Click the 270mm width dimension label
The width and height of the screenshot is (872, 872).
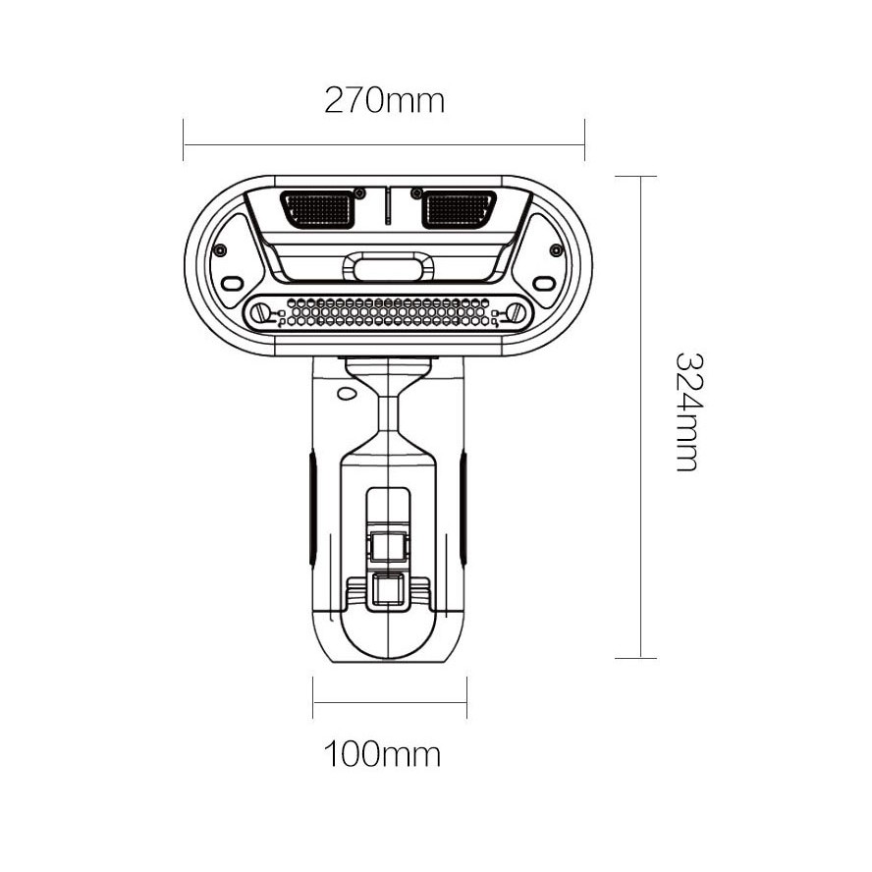384,100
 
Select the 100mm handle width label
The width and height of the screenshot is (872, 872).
382,754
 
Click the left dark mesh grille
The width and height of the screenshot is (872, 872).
316,208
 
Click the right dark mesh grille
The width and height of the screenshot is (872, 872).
459,208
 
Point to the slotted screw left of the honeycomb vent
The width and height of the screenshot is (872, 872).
261,312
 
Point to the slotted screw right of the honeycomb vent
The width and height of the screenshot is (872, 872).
516,312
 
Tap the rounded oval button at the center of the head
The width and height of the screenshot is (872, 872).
389,268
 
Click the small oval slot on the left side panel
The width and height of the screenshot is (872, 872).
232,284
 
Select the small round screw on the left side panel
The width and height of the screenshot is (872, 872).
221,250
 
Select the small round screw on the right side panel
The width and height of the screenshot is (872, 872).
556,250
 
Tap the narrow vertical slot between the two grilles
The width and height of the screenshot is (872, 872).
388,206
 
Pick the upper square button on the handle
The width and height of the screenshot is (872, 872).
388,542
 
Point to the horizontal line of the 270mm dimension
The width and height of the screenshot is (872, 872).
384,145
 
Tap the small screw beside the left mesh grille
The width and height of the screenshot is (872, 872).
360,191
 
